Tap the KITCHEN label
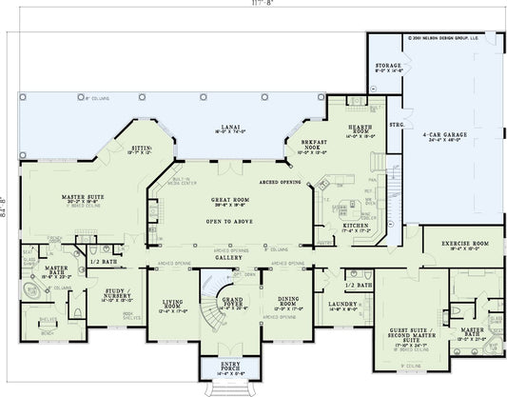click(342, 227)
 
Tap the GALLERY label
click(227, 257)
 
